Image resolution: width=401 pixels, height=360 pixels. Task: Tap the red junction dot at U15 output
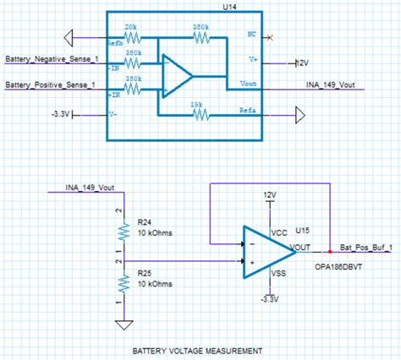tap(329, 251)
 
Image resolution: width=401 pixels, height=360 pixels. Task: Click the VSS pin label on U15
tap(278, 273)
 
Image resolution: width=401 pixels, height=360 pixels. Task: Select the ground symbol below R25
tap(123, 323)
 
